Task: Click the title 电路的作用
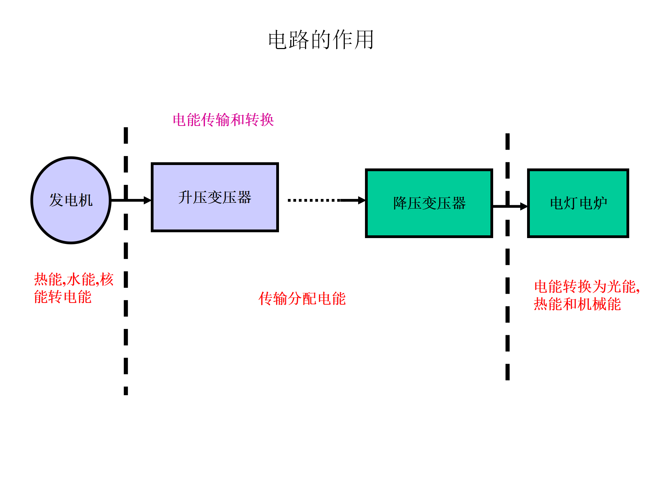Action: [x=321, y=40]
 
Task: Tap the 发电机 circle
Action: [x=71, y=200]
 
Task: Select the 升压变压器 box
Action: [x=215, y=198]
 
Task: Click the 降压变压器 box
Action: [x=429, y=203]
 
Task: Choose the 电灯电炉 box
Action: [x=578, y=203]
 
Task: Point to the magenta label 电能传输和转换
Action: [x=223, y=120]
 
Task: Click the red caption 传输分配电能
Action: [x=302, y=298]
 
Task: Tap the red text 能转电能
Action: [x=63, y=297]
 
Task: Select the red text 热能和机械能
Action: [x=577, y=304]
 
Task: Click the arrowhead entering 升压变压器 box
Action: [x=148, y=200]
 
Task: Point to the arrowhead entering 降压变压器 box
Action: [x=362, y=200]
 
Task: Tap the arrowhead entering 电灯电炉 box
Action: [x=524, y=206]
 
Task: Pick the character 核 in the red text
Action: [x=107, y=279]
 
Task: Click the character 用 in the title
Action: [x=364, y=40]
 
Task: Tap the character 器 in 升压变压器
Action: [x=244, y=198]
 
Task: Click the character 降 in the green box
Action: [x=400, y=203]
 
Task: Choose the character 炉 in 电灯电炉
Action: [x=600, y=203]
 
